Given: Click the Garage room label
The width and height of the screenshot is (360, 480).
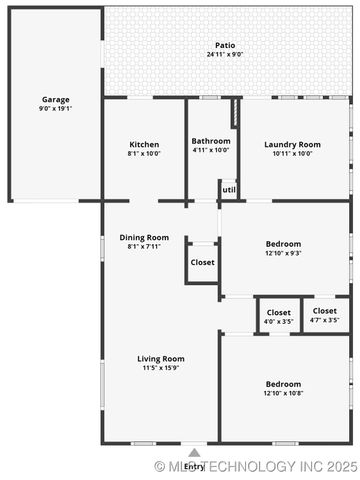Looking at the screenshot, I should coord(55,100).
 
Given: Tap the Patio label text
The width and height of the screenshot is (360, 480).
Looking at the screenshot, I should coord(225,45).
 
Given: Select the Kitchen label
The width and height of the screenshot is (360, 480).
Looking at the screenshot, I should coord(144,144).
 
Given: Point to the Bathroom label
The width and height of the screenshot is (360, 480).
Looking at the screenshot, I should coord(211,141).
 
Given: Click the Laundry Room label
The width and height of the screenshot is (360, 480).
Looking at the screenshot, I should coord(292,144).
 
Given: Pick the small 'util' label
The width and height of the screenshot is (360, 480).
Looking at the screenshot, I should coord(229,189).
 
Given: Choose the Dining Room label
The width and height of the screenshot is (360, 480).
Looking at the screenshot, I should coord(144,238).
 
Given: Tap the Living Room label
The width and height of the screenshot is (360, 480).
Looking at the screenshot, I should coord(161,359).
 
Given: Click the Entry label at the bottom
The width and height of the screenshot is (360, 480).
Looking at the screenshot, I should coord(194,466).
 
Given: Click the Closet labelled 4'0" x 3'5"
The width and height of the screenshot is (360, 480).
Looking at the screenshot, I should coord(279,312).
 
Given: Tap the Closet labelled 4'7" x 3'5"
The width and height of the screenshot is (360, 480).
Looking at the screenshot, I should coord(325,312).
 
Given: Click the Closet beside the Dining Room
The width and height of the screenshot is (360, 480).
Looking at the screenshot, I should coord(202,262).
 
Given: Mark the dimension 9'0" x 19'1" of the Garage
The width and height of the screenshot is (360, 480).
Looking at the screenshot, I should coord(55,109).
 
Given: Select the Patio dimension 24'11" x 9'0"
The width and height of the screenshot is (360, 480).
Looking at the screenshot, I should coord(225,55).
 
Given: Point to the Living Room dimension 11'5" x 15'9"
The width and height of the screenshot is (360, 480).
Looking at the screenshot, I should coord(161,369).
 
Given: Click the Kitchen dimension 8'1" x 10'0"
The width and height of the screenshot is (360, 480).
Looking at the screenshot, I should coord(144,154).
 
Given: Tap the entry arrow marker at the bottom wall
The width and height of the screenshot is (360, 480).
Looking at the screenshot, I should coord(194,452).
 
